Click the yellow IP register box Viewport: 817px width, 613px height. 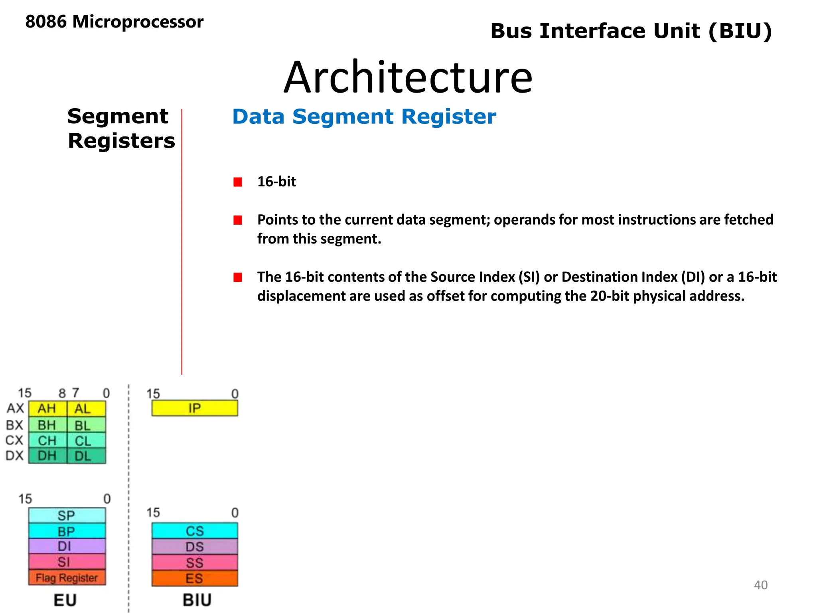(x=195, y=408)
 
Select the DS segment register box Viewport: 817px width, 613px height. (x=195, y=547)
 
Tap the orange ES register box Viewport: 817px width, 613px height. (x=195, y=578)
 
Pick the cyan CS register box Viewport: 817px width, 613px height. (x=195, y=531)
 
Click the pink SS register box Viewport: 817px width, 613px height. (x=195, y=563)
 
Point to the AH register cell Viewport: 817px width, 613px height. (x=47, y=409)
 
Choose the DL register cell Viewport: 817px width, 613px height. (x=86, y=456)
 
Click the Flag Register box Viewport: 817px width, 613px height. (x=67, y=577)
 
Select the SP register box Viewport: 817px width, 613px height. (x=67, y=515)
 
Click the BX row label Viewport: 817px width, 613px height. (x=15, y=425)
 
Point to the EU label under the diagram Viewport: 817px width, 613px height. (x=65, y=600)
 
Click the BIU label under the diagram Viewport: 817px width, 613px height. (x=197, y=600)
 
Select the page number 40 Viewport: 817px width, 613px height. (x=760, y=585)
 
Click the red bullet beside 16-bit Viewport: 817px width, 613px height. (x=238, y=182)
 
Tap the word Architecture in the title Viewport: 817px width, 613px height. (x=408, y=77)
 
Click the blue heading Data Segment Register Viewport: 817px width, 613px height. (x=364, y=117)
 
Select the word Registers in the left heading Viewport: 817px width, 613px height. (x=121, y=141)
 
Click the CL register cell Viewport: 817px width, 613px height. (x=86, y=441)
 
